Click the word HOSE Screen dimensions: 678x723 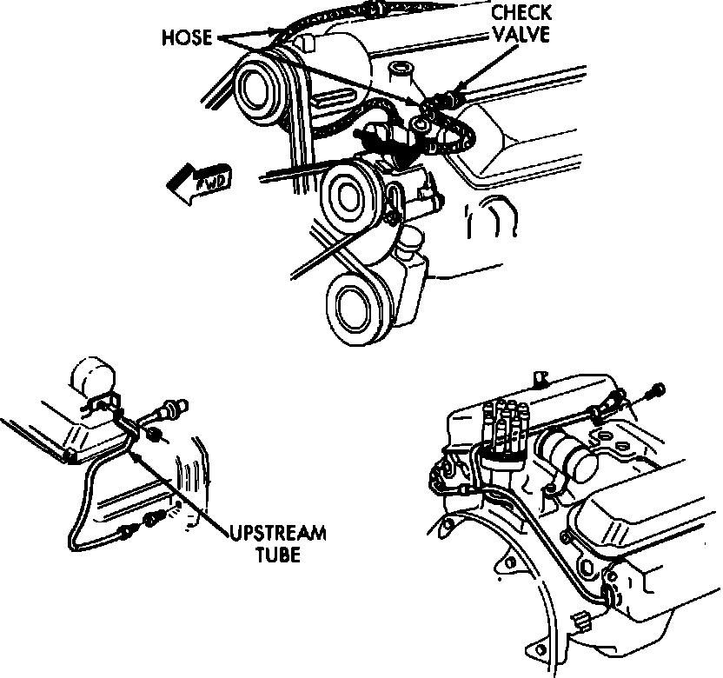pyautogui.click(x=187, y=39)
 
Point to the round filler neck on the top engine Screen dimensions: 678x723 pyautogui.click(x=401, y=70)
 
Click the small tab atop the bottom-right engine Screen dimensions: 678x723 pyautogui.click(x=541, y=377)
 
